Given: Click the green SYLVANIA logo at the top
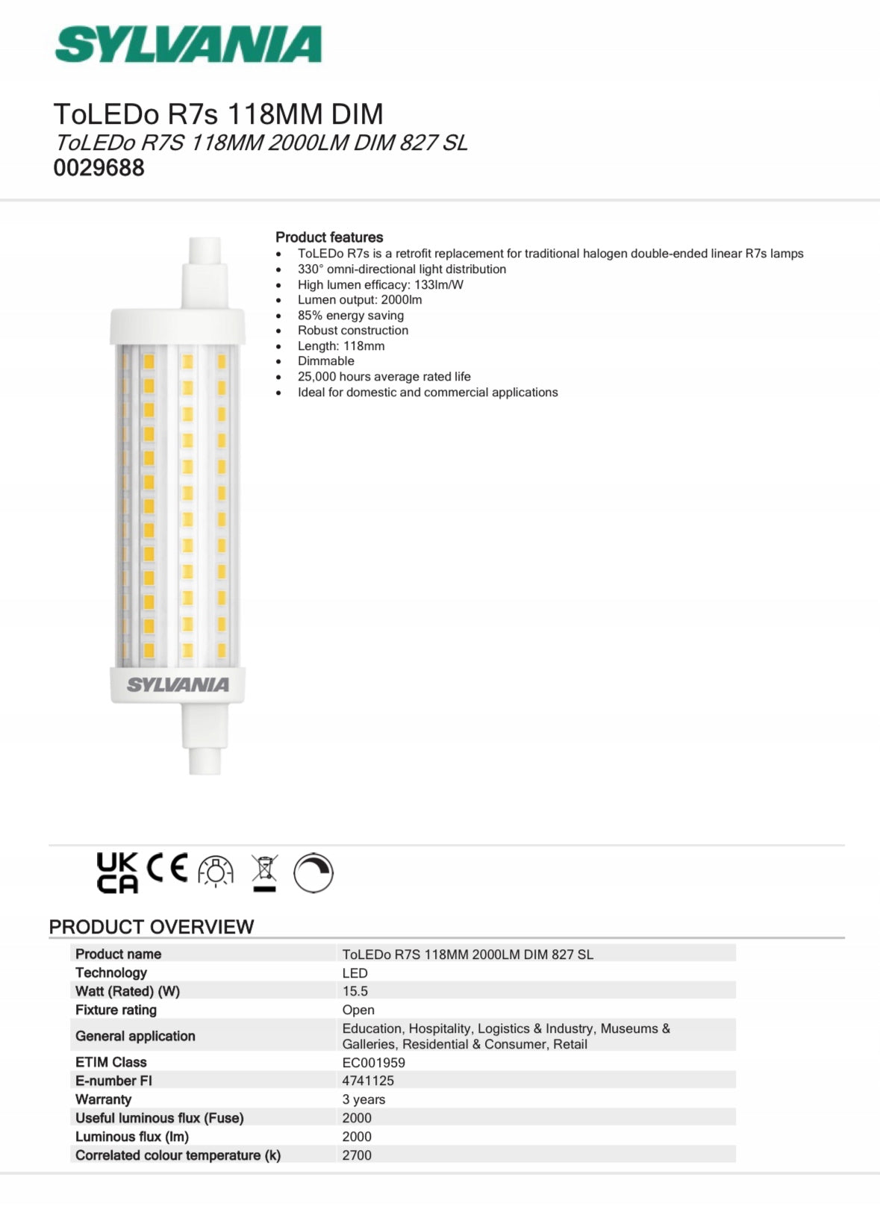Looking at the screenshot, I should tap(188, 45).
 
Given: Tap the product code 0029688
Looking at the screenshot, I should tap(99, 168).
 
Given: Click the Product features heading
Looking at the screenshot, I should tap(329, 237).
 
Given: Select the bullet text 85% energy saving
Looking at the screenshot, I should tap(350, 316).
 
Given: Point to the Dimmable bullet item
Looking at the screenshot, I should tap(325, 361).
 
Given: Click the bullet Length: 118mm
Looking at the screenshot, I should tap(341, 346).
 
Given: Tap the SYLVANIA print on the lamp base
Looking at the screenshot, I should tap(178, 685).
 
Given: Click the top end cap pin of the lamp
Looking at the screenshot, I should tap(205, 251).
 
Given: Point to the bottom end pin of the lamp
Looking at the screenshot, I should tap(205, 760).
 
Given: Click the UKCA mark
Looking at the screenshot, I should tap(117, 872).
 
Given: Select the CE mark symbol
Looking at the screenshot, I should tap(167, 868).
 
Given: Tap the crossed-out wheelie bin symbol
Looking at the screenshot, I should tap(264, 872).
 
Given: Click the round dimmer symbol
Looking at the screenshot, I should tap(313, 873).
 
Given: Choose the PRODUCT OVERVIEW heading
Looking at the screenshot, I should tap(152, 927).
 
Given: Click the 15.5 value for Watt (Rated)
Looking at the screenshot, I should tap(355, 991).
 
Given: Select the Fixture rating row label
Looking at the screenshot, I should tap(116, 1010).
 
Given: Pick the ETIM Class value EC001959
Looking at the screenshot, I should tap(373, 1063).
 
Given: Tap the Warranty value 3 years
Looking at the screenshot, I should tap(363, 1099).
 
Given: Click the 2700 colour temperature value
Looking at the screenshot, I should tap(357, 1155).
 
